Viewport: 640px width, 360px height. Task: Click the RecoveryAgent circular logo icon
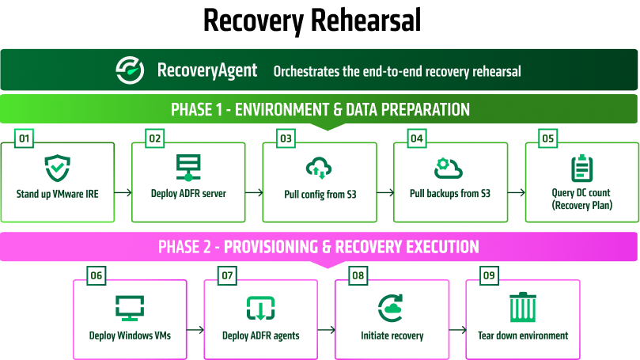click(130, 70)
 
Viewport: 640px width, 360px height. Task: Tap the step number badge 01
click(24, 138)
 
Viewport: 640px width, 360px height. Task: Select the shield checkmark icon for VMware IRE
click(58, 168)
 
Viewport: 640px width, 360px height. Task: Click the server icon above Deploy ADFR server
click(188, 168)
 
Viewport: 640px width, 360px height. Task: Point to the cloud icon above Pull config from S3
click(319, 168)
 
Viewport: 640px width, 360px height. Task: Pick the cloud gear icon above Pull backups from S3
click(449, 169)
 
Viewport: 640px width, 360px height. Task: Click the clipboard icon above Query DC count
click(581, 168)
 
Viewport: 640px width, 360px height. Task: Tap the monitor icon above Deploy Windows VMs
click(130, 308)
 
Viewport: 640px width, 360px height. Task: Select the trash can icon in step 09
click(523, 307)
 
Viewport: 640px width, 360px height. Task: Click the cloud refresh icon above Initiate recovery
click(391, 308)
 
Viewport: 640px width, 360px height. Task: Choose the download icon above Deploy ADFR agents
click(261, 308)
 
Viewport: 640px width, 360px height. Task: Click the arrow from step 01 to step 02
click(123, 192)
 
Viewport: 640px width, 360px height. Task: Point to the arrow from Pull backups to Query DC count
click(517, 192)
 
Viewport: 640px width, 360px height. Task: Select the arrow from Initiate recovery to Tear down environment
click(457, 329)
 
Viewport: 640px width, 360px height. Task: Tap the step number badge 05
click(547, 138)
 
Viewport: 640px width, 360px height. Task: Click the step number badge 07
click(227, 275)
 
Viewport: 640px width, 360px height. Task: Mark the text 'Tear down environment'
click(523, 335)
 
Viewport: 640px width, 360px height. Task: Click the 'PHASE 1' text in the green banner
click(197, 109)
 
